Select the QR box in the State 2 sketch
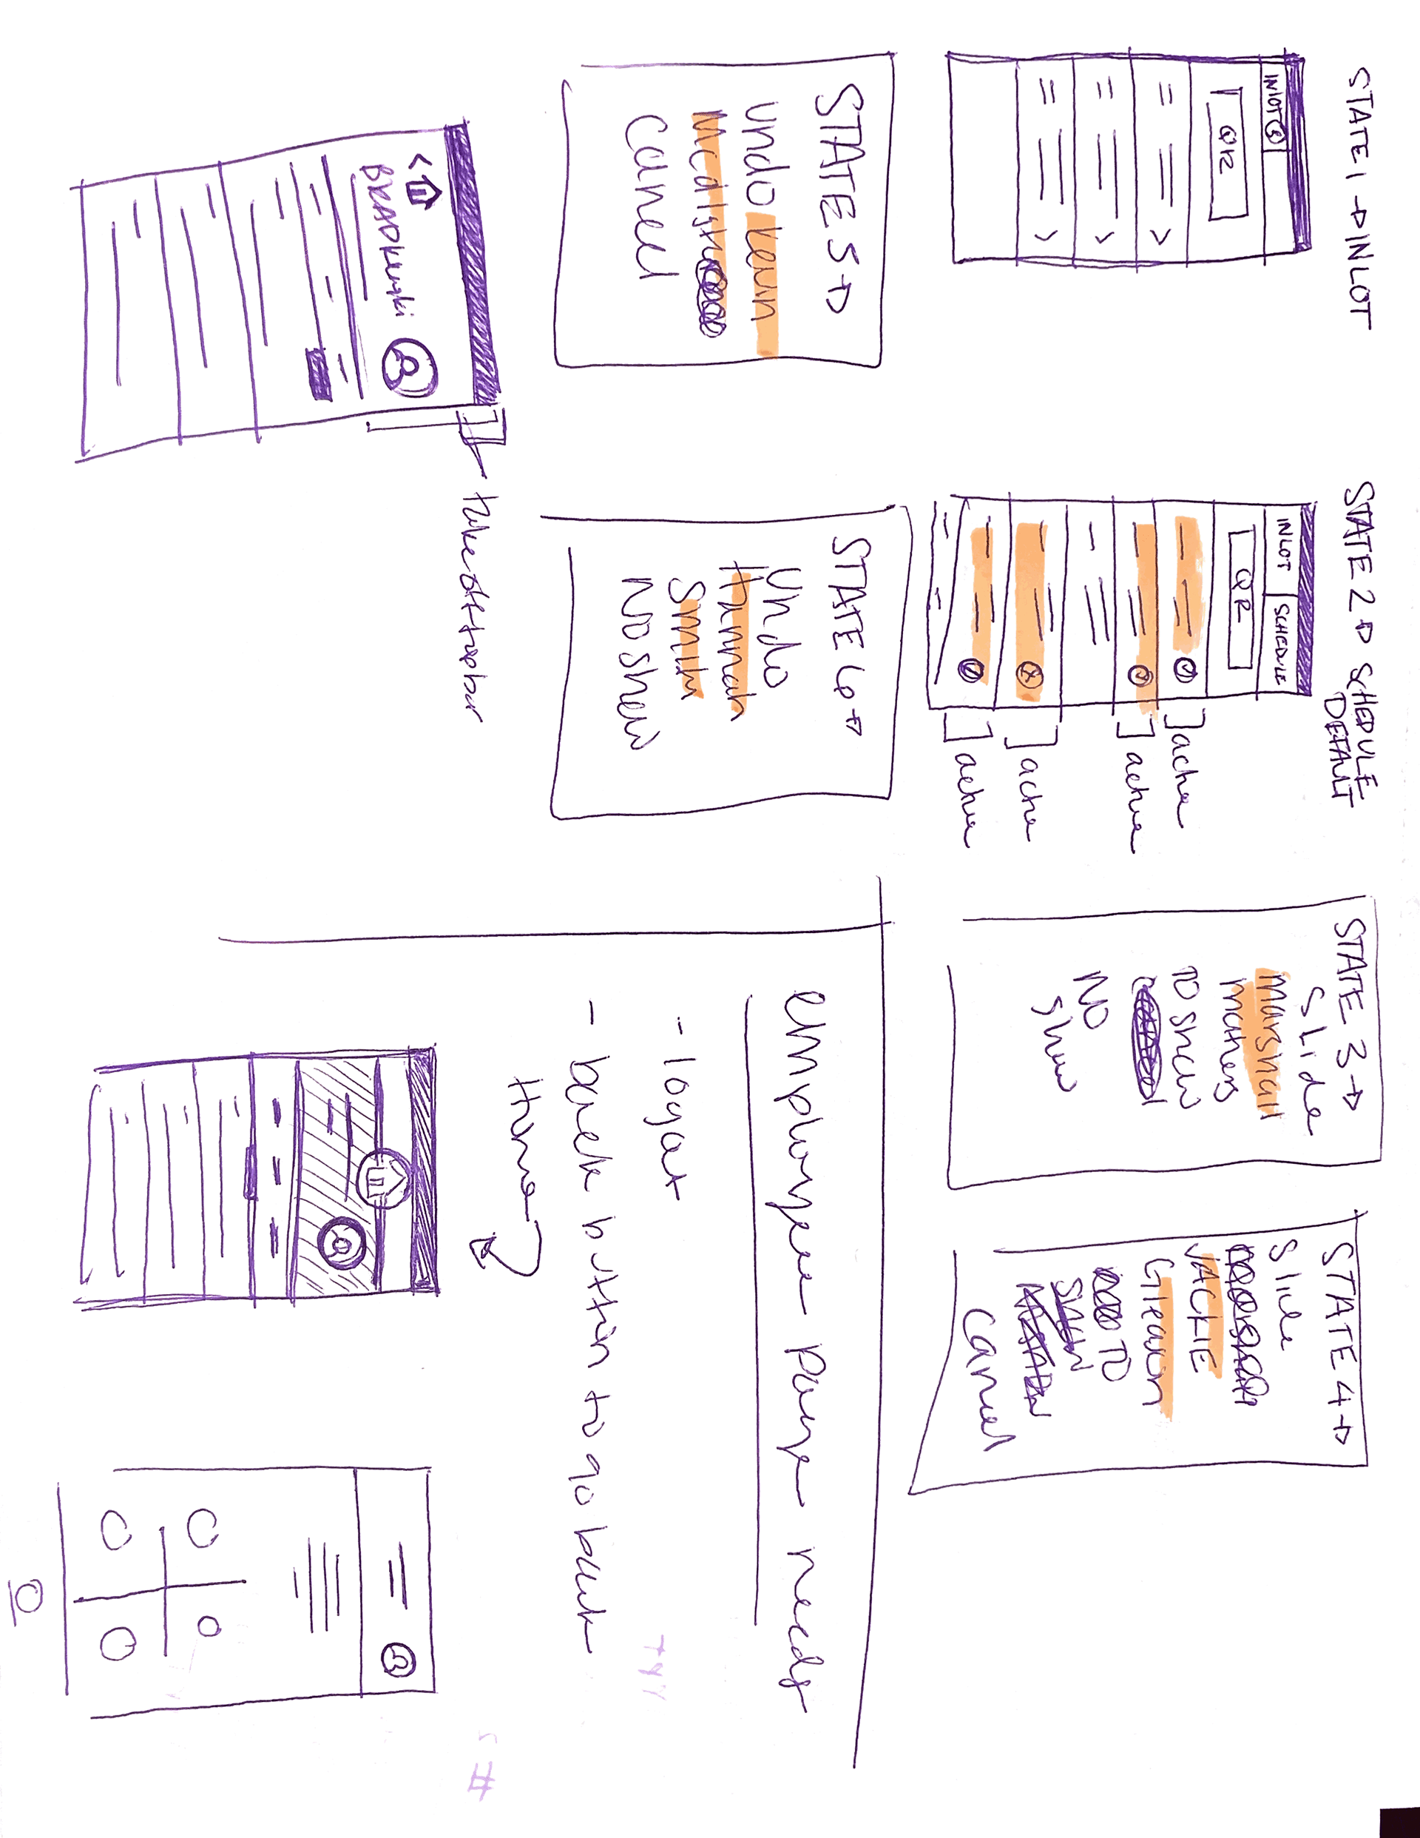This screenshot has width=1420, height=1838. click(x=1239, y=599)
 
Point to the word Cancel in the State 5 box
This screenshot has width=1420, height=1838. click(x=648, y=198)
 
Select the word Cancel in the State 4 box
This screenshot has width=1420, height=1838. click(x=988, y=1380)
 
